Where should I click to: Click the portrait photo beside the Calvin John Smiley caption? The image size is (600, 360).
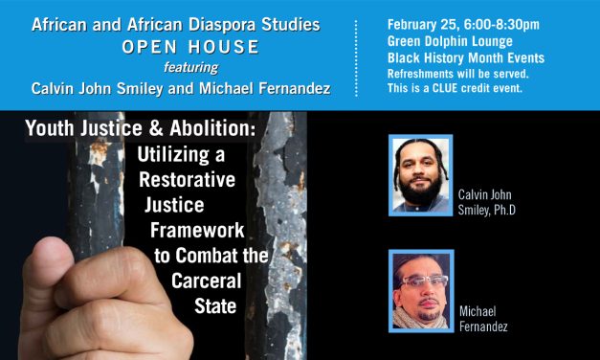pos(420,174)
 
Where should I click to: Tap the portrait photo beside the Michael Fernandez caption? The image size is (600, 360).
pos(420,291)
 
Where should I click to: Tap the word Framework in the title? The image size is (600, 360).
pos(196,230)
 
